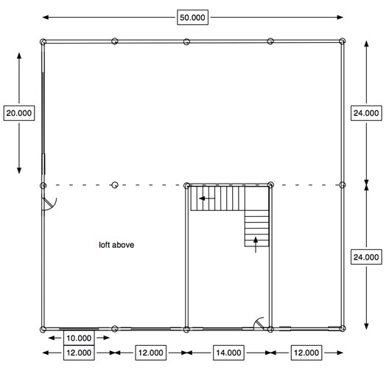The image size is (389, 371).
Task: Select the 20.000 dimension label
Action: [18, 113]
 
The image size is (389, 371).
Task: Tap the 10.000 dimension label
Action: [79, 339]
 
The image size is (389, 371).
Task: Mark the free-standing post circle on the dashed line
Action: [114, 185]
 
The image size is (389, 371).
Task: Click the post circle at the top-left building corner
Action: [43, 42]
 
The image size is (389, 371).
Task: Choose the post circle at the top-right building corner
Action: [343, 42]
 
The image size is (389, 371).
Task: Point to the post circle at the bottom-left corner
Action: [43, 329]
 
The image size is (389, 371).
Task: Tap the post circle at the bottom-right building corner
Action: [343, 329]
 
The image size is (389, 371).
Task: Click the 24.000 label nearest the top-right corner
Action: [366, 113]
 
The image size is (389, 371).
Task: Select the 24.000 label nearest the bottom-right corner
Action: [366, 257]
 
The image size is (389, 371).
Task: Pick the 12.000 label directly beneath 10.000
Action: [79, 353]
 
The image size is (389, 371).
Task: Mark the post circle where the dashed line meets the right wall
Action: [343, 185]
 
